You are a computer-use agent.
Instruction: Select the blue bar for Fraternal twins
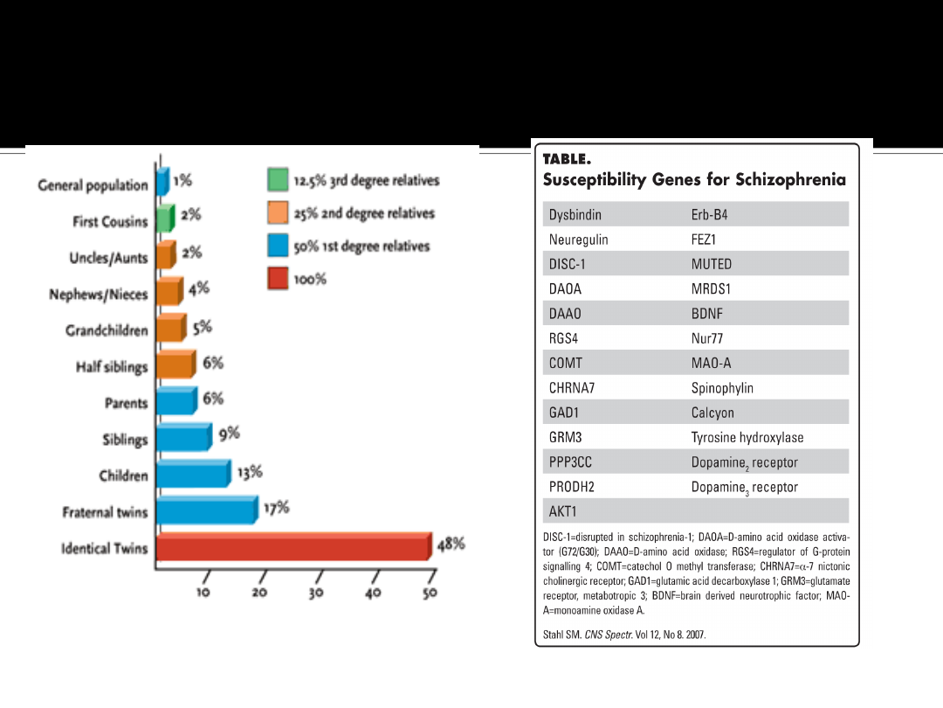click(207, 510)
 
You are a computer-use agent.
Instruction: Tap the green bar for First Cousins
click(164, 220)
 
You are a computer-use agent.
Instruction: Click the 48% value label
click(451, 544)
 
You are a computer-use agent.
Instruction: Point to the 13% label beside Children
click(250, 472)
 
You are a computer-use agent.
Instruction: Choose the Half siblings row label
click(111, 367)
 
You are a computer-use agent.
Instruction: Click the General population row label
click(93, 185)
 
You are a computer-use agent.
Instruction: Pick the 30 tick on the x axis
click(316, 593)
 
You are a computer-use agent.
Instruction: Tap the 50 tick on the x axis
click(430, 593)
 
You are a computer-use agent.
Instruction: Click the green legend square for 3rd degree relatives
click(278, 180)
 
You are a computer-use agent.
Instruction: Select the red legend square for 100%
click(278, 279)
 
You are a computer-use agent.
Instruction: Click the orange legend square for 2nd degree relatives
click(278, 213)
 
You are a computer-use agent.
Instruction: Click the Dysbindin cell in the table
click(575, 215)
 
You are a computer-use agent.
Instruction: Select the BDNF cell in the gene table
click(707, 314)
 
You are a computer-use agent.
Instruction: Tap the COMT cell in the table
click(565, 363)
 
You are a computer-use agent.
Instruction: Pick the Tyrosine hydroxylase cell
click(747, 437)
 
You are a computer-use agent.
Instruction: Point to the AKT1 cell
click(563, 511)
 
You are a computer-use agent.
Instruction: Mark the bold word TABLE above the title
click(567, 159)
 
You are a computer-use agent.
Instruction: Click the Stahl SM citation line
click(623, 635)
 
